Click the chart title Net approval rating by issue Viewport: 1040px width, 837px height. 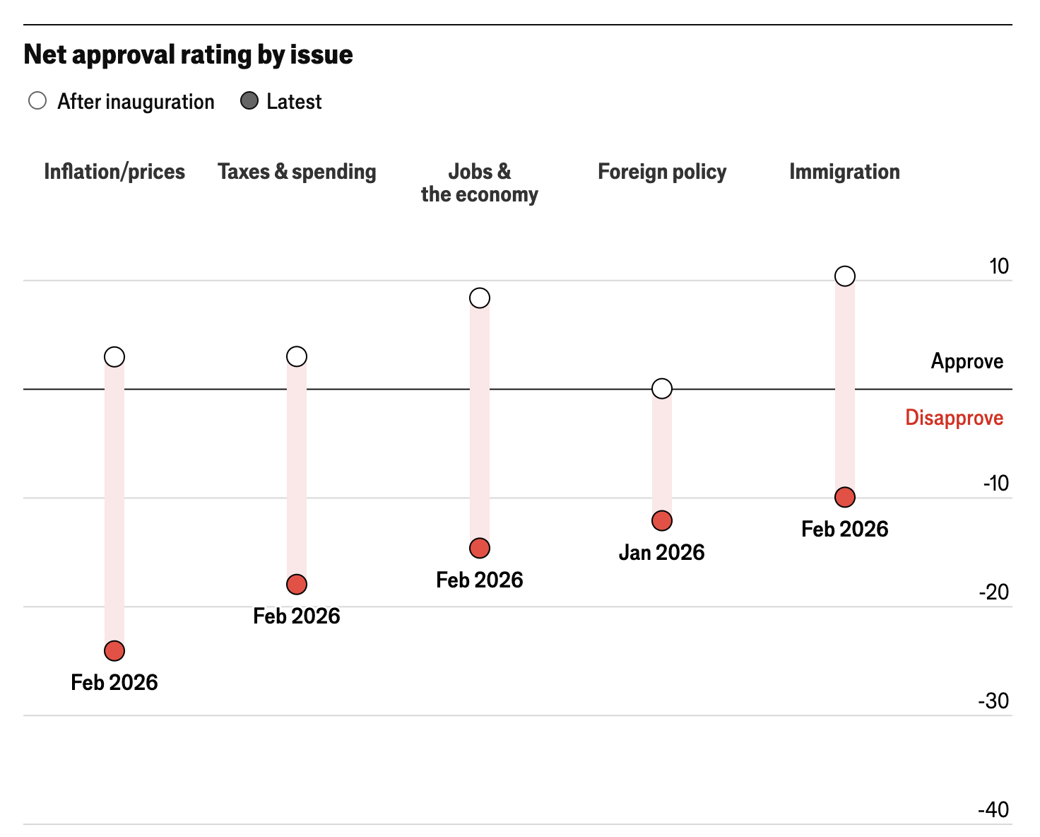coord(188,54)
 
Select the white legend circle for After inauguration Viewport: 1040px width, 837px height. coord(37,101)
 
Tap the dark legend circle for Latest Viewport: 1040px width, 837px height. coord(249,101)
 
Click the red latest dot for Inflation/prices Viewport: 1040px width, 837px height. coord(114,650)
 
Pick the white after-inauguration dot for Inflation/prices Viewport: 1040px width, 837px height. coord(114,357)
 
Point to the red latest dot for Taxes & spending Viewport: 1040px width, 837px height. coord(297,585)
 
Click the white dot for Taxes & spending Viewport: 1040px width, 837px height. coord(297,356)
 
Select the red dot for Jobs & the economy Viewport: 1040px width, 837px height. coord(480,548)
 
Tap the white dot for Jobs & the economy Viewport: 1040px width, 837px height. coord(480,298)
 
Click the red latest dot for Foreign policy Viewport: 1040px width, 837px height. coord(662,521)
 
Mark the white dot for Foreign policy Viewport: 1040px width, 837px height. coord(662,388)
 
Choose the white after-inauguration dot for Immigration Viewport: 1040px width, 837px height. coord(845,276)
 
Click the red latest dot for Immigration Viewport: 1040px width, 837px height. coord(845,498)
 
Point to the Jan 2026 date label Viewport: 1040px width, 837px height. coord(662,552)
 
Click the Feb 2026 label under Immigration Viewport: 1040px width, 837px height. coord(845,529)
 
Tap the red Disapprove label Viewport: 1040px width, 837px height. coord(954,418)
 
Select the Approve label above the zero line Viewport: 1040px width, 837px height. coord(967,361)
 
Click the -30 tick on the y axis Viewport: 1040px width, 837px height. coord(993,701)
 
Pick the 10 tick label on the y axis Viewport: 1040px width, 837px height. coord(999,267)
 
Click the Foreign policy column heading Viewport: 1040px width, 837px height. coord(662,172)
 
